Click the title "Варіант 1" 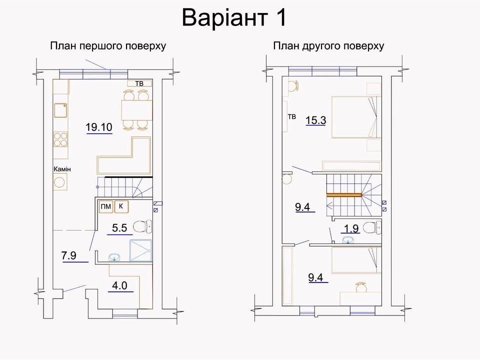click(234, 18)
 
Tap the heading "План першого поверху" click(108, 46)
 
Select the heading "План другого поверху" click(328, 46)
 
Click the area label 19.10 click(99, 126)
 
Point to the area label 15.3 click(316, 120)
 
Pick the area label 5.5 click(119, 228)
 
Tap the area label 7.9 click(69, 255)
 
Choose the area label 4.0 click(119, 285)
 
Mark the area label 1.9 click(351, 228)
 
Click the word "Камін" click(62, 169)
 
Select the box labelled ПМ click(106, 206)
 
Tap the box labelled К click(121, 206)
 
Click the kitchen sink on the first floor click(60, 110)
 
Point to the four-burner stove click(60, 139)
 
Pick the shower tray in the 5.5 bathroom click(140, 250)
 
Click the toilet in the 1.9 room click(372, 228)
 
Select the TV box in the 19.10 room click(139, 83)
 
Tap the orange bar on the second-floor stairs click(344, 194)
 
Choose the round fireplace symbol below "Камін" click(60, 182)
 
